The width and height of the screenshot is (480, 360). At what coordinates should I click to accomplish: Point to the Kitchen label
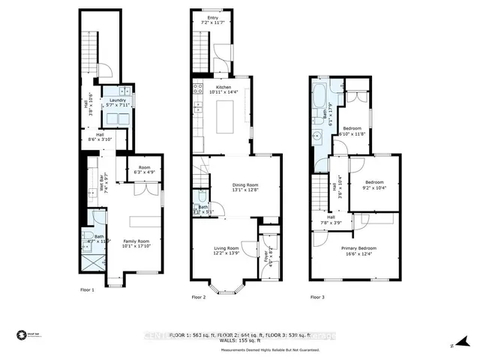[x=224, y=89]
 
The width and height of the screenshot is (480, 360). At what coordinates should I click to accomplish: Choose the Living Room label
[x=227, y=250]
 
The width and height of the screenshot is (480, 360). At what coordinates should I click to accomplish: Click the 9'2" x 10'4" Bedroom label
[x=374, y=185]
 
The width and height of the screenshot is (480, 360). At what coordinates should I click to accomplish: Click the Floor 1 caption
[x=88, y=289]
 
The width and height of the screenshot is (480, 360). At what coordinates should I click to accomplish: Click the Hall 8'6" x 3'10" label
[x=100, y=137]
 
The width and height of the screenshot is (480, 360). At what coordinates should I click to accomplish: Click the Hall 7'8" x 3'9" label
[x=331, y=219]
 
